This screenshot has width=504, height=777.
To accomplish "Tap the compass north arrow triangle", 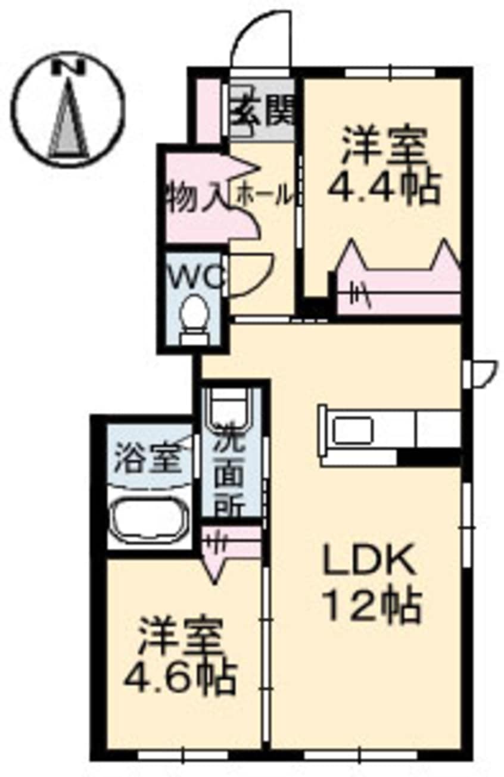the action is (x=69, y=118).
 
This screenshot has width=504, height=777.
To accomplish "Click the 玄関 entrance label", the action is (x=265, y=110).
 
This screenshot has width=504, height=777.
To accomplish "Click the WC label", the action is (x=197, y=277).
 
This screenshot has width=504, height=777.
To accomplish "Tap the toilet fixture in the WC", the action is (x=194, y=319).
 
